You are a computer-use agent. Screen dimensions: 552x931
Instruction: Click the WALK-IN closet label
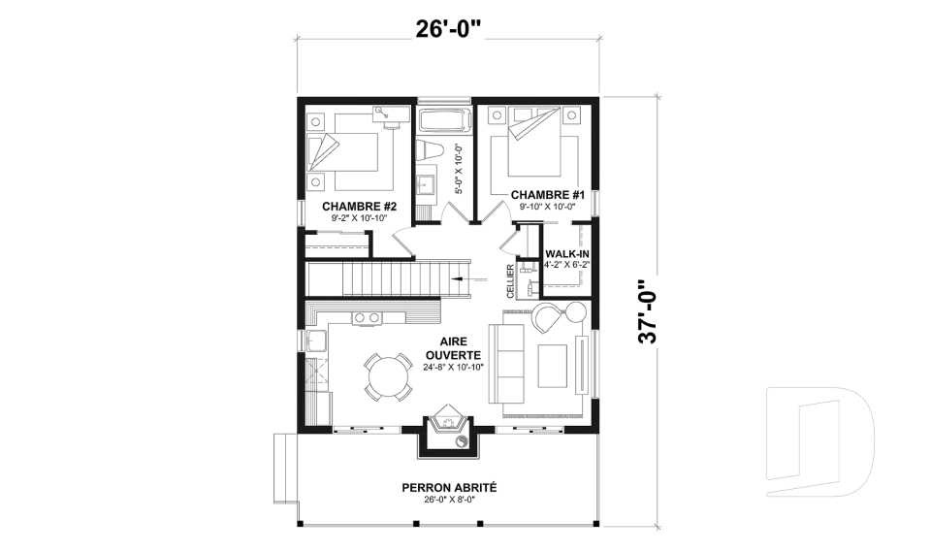pos(567,254)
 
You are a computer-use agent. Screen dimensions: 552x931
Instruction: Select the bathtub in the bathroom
pos(442,122)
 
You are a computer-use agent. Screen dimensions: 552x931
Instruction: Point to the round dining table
pos(388,375)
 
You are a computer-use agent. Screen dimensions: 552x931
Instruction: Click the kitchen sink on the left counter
pos(316,341)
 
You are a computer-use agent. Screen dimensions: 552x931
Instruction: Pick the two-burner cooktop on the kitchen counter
pos(366,317)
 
